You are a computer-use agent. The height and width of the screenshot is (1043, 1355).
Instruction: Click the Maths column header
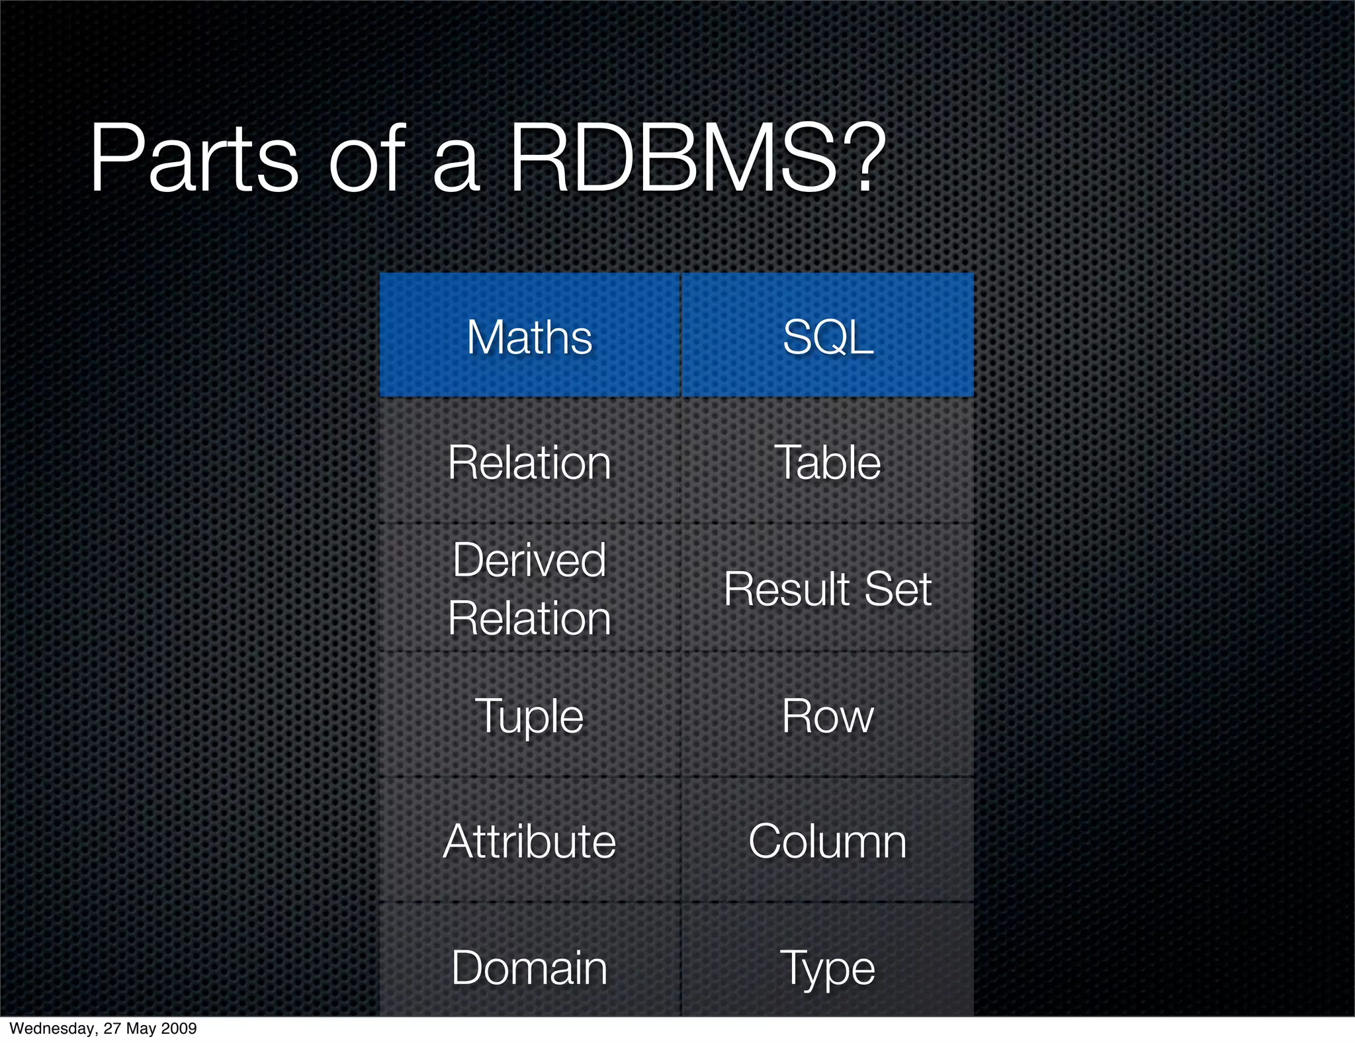click(529, 337)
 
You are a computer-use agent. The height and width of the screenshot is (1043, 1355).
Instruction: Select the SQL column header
click(828, 337)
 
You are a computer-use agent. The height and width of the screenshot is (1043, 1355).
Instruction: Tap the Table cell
click(828, 462)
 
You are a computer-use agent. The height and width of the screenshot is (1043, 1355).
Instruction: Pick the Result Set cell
click(828, 588)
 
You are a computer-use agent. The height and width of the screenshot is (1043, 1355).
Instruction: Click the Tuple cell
click(529, 717)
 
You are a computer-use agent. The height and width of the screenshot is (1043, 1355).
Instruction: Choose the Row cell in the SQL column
click(828, 716)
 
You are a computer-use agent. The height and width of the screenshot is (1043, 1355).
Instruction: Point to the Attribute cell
click(529, 842)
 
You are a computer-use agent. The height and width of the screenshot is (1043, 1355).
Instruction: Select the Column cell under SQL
click(828, 842)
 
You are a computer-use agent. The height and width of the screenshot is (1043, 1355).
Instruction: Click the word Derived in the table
click(529, 560)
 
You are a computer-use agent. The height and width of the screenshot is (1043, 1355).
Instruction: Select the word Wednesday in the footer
click(52, 1028)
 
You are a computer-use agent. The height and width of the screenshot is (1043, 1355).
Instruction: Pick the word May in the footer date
click(141, 1028)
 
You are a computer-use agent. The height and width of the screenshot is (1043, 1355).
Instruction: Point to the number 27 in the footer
click(112, 1028)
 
